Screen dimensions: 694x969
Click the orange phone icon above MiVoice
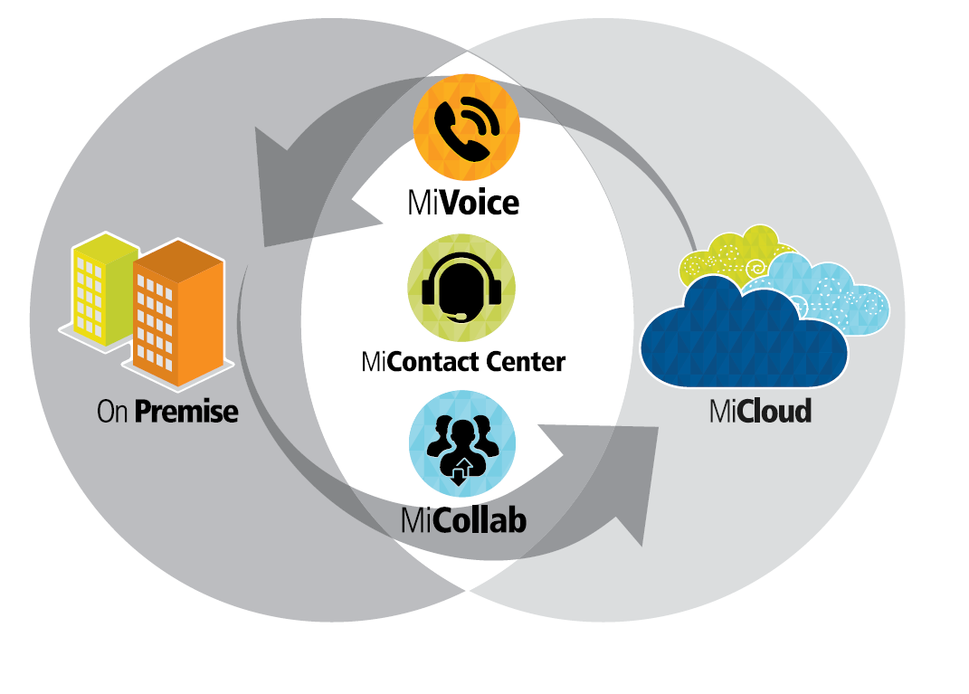point(466,128)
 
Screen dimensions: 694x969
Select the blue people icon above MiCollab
point(462,443)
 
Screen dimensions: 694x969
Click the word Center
point(525,363)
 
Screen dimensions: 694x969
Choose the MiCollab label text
point(463,520)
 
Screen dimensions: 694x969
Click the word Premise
point(186,412)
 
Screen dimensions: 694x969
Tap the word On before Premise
point(112,412)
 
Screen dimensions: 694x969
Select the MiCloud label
point(760,412)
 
